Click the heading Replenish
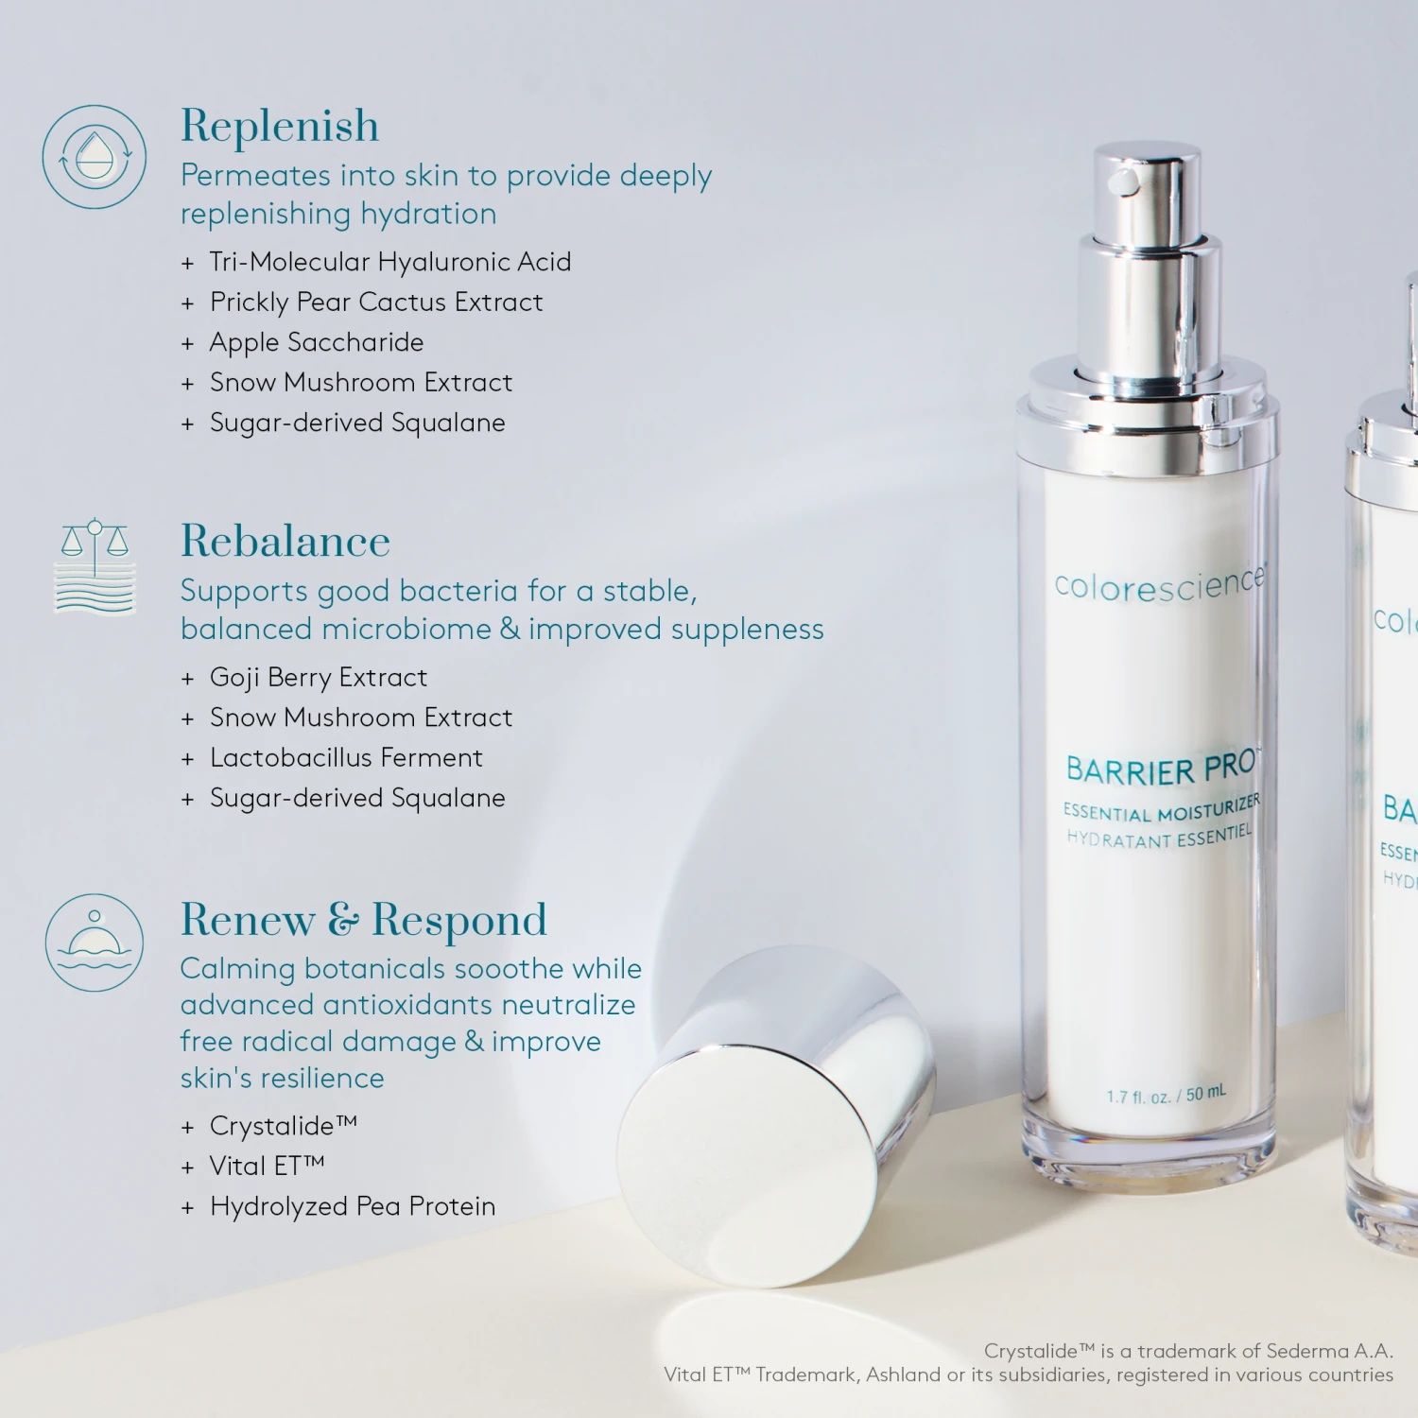(280, 126)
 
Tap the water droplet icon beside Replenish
(95, 157)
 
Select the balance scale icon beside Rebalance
(95, 565)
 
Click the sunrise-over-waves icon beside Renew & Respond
(95, 942)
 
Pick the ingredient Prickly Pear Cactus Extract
(375, 302)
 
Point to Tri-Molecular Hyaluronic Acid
(389, 262)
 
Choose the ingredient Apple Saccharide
(316, 342)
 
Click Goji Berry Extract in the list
(318, 677)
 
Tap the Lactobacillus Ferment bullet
(345, 757)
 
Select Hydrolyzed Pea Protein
(352, 1206)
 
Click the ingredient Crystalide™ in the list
(283, 1126)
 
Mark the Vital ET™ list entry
(267, 1166)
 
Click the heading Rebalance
(285, 542)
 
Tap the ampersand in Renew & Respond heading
(343, 919)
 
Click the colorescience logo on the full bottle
(1159, 584)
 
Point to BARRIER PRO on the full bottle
(1161, 769)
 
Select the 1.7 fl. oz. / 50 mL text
(1166, 1095)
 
